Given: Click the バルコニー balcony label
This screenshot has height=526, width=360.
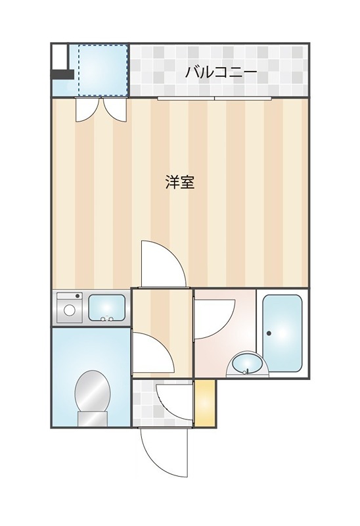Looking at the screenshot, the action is [221, 72].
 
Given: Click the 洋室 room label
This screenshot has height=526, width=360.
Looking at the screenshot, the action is [180, 182].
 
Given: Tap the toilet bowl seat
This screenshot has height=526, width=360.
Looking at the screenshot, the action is [93, 391].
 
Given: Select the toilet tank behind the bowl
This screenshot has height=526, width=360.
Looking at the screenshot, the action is [93, 419].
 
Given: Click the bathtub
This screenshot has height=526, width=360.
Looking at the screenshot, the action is [282, 333].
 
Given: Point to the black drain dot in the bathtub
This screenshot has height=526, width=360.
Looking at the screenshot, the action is [269, 333].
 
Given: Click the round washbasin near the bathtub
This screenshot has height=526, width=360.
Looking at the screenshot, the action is [248, 364].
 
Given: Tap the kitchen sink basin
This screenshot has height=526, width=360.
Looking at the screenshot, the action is [106, 308].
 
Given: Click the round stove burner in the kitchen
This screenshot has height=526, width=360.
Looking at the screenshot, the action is [70, 310].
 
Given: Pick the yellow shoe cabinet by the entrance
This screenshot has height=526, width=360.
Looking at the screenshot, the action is [204, 403].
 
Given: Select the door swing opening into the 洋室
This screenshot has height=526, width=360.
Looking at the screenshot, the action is [163, 264].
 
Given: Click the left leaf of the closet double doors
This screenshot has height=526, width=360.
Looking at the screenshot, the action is [87, 110].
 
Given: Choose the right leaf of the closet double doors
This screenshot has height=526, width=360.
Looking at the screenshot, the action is [115, 110].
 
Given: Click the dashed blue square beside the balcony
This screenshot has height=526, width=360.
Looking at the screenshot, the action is [103, 70].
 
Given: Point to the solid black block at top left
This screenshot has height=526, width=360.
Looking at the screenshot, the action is [62, 74].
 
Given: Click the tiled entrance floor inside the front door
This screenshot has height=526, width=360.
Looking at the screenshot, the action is [162, 403].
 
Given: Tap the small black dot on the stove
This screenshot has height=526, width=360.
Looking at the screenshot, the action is [78, 296].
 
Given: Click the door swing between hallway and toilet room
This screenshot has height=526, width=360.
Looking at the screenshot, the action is [153, 352].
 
